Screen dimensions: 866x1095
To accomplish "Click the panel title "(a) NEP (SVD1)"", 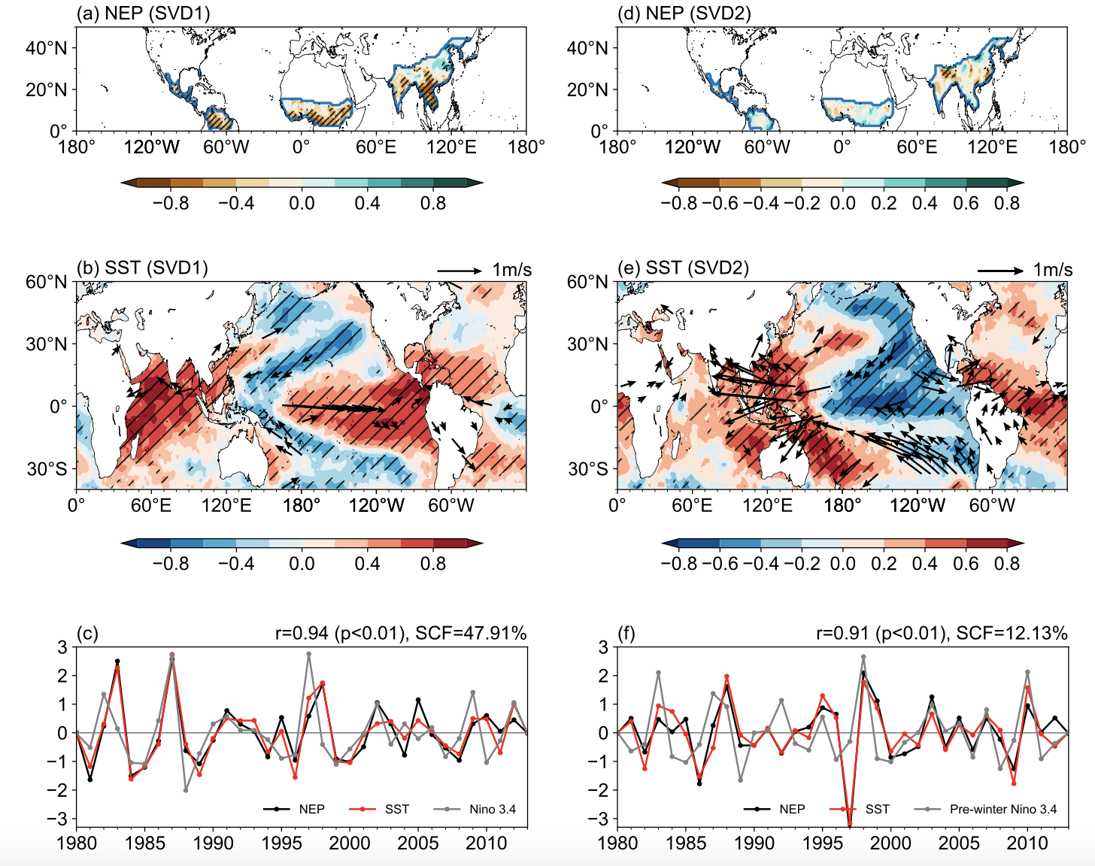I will [143, 14].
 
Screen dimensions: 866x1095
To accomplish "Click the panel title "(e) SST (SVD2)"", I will [683, 268].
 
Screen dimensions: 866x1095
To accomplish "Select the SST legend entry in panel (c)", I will [396, 810].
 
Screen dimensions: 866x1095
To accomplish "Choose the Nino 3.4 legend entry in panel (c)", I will [492, 810].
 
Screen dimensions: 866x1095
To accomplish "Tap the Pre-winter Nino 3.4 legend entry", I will [1002, 810].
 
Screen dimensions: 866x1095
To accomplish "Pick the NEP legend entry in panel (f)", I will [792, 810].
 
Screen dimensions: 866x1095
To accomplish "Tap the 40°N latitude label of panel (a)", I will [47, 48].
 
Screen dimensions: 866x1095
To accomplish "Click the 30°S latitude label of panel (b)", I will [47, 469].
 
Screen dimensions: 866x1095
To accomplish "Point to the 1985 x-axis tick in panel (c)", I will [145, 843].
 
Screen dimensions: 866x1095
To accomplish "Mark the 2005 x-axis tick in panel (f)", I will [959, 843].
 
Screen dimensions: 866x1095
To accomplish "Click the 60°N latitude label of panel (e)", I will [587, 283].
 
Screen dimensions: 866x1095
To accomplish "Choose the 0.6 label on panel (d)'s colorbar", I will [966, 204].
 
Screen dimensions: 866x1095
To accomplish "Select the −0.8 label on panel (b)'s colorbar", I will [171, 564].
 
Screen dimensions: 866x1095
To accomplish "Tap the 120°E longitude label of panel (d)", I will [992, 147].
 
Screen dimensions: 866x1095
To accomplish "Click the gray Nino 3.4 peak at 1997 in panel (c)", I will [309, 654].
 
